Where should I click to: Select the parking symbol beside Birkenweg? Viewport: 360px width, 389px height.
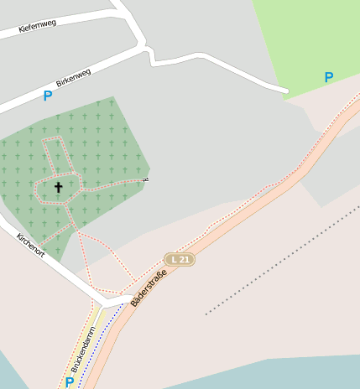(x=47, y=96)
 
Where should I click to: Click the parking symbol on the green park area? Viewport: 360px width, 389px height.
(x=329, y=77)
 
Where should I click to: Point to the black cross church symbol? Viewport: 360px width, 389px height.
(x=59, y=187)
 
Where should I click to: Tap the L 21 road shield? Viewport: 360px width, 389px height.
(x=179, y=260)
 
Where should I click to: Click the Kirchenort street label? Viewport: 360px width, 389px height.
(x=31, y=246)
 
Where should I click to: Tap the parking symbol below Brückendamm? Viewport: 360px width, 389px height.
(x=69, y=382)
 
